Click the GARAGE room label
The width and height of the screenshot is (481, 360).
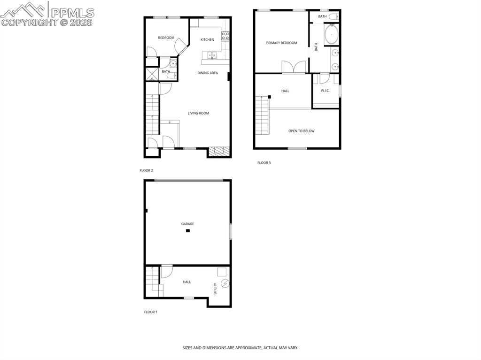coord(187,224)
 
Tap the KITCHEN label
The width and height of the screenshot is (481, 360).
coord(207,39)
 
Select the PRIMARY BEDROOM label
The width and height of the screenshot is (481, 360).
coord(281,43)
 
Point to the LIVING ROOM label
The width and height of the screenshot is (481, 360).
coord(198,113)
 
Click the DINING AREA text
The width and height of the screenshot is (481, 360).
coord(207,73)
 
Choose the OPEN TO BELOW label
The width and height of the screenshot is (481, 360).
coord(301,131)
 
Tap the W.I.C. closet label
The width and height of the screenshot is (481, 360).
coord(325,91)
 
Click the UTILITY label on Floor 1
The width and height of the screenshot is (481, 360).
coord(215,288)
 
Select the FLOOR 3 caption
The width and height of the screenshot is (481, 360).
coord(264,163)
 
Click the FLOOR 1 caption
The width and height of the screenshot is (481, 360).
coord(150,312)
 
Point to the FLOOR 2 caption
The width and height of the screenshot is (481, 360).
coord(146,170)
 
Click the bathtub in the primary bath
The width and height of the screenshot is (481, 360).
coord(332,34)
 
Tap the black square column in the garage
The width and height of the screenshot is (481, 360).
coord(187,231)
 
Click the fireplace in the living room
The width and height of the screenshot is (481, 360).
coord(218,151)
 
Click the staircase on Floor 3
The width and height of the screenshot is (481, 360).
coord(262,115)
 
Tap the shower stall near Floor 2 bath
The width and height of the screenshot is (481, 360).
coord(152,74)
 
